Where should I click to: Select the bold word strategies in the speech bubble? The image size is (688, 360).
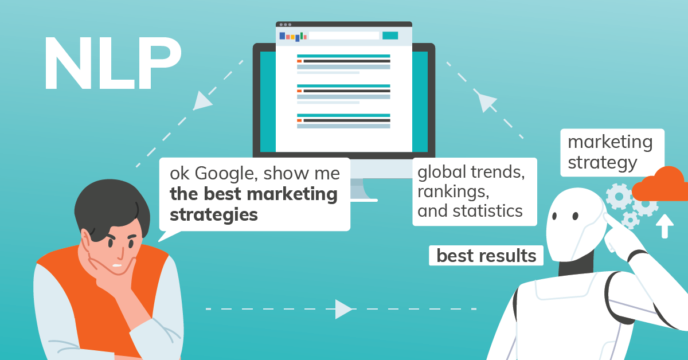[213, 215]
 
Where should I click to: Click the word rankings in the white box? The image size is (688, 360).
[453, 190]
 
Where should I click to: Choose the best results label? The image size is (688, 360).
[486, 255]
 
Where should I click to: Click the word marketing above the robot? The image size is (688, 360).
[610, 142]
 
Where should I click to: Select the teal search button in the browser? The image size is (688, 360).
[390, 36]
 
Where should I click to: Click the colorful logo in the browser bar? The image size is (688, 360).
[293, 36]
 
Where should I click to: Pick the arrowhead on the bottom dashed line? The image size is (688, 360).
[343, 309]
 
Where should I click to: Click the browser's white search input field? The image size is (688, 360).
[344, 36]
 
